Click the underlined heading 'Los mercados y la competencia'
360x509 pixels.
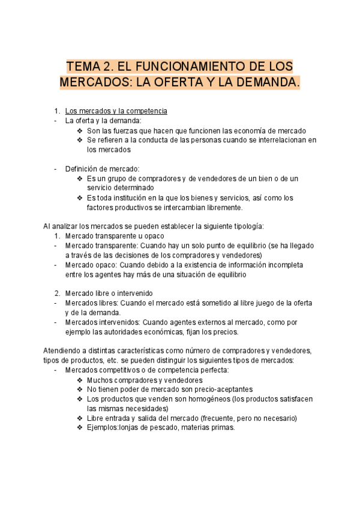pyautogui.click(x=116, y=111)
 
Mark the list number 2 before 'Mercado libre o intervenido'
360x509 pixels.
pyautogui.click(x=57, y=294)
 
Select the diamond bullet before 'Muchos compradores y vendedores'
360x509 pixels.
pyautogui.click(x=80, y=380)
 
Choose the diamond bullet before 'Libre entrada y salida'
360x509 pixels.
pyautogui.click(x=80, y=418)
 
